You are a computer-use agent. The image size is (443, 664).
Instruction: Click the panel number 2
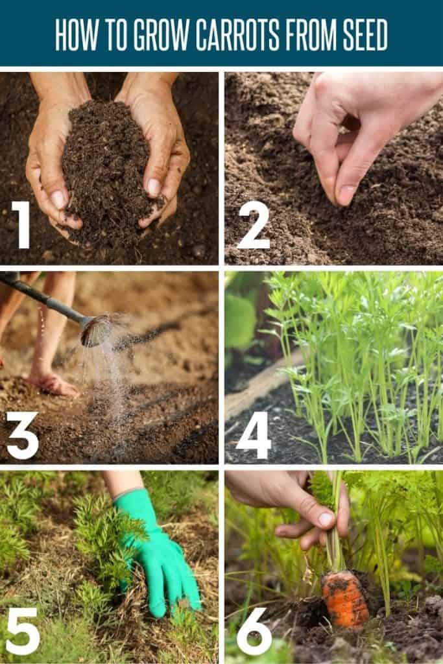point(253,224)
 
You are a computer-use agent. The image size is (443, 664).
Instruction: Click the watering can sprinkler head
point(96,330)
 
